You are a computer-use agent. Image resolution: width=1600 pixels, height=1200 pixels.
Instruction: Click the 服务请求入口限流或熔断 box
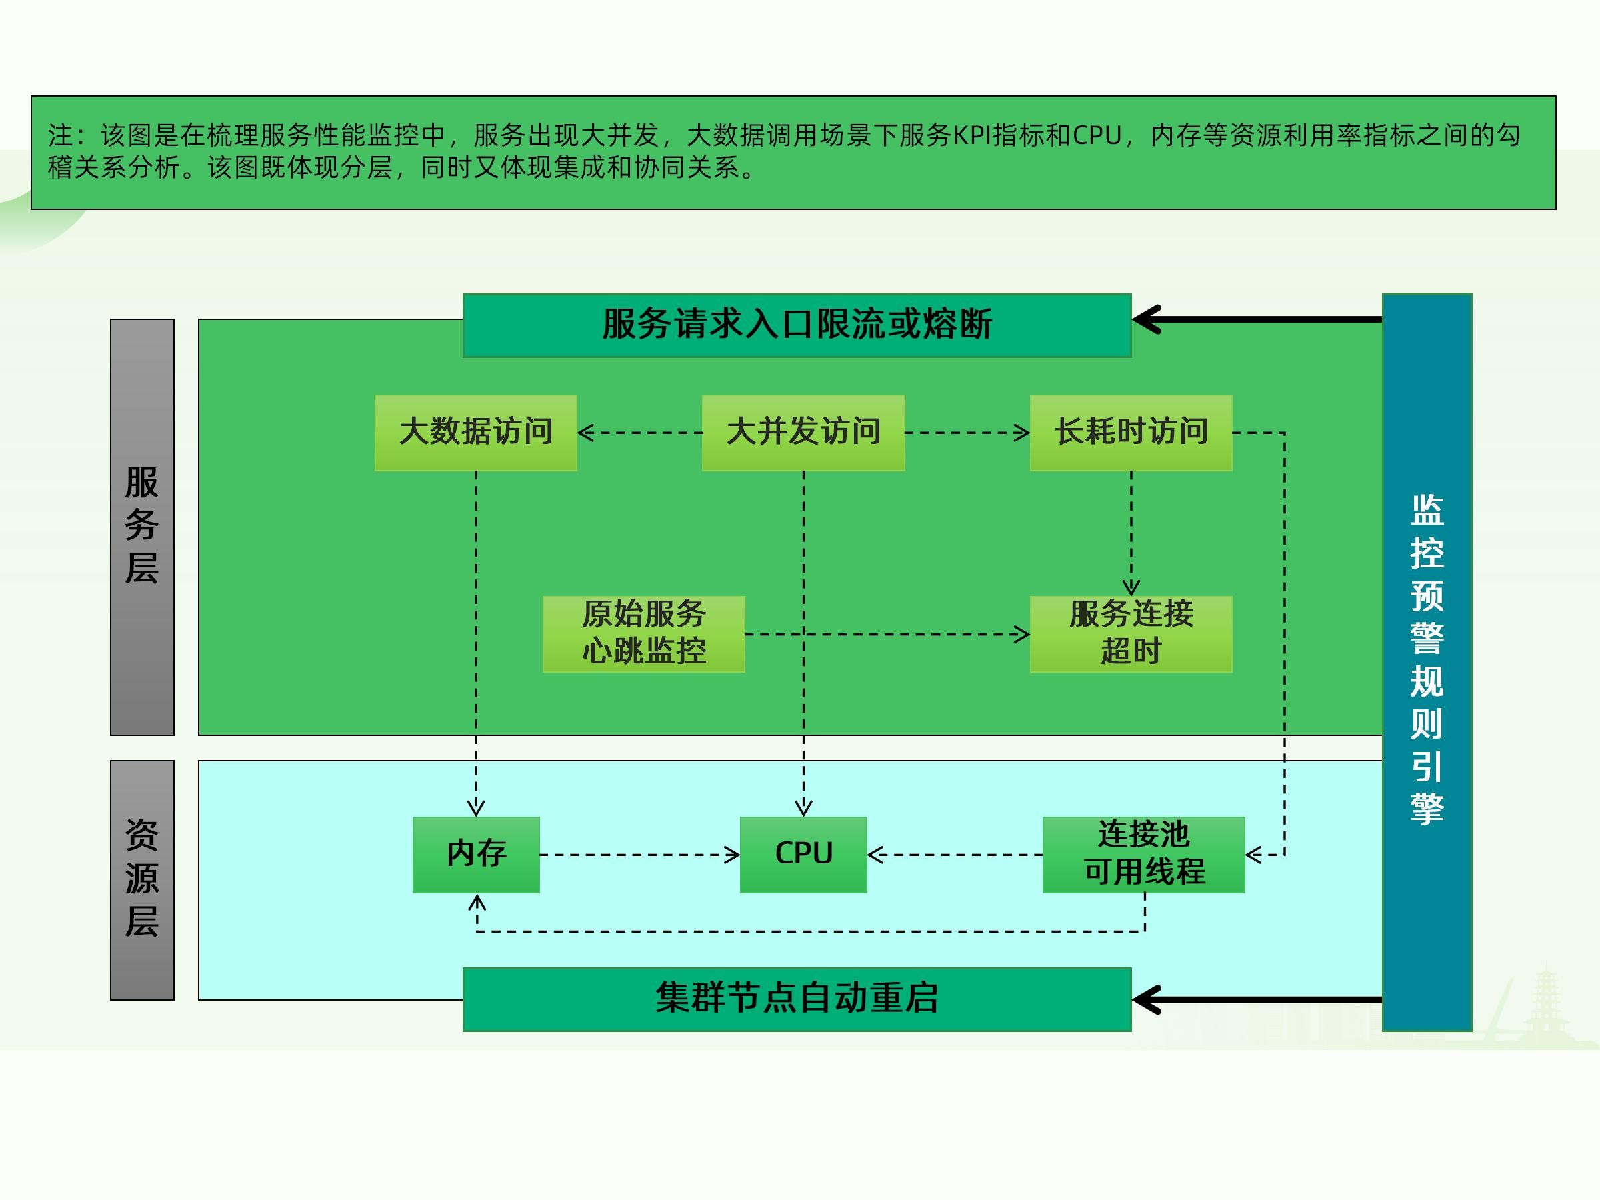tap(797, 325)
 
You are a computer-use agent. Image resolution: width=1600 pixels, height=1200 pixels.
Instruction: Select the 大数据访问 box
tap(475, 433)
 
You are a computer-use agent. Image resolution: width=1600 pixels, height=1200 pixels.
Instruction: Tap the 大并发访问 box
tap(803, 433)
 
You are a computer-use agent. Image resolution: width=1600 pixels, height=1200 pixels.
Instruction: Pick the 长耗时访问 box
tap(1131, 433)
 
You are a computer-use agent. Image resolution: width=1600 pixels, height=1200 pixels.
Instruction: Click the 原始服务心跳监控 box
tap(643, 633)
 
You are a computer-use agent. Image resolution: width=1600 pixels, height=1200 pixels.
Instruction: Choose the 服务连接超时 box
tap(1131, 633)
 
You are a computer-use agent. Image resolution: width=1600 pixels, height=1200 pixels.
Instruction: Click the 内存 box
tap(476, 854)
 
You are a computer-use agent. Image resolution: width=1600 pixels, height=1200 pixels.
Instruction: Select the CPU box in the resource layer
tap(803, 854)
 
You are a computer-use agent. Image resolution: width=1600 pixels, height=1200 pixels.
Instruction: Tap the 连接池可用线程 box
tap(1143, 854)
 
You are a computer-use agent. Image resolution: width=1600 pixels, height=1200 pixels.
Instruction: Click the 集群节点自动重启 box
tap(797, 999)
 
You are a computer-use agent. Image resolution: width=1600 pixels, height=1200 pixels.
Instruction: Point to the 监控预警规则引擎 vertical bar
tap(1427, 661)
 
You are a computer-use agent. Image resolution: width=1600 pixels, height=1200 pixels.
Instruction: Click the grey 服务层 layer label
tap(142, 527)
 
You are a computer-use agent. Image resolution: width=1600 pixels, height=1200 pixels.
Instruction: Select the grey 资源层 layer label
tap(142, 879)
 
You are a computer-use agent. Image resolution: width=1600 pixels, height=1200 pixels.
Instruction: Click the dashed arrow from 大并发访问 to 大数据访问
tap(639, 433)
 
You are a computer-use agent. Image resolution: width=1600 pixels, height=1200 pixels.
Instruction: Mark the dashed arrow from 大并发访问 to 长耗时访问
tap(967, 433)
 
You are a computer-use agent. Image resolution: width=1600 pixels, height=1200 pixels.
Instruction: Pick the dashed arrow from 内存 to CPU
tap(639, 855)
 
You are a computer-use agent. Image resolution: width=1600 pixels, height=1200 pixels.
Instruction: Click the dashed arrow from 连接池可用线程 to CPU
tap(955, 855)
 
